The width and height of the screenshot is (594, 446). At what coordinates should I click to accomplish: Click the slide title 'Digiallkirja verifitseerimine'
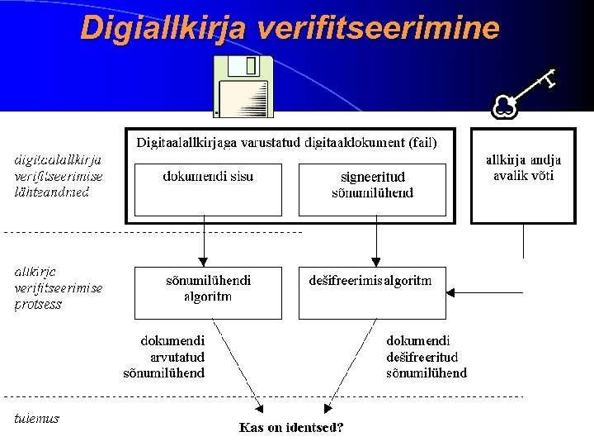click(290, 28)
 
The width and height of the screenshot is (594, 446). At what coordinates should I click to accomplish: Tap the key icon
click(523, 93)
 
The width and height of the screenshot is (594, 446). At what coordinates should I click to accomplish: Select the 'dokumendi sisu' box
click(208, 189)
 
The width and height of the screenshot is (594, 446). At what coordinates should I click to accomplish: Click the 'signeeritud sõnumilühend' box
click(372, 189)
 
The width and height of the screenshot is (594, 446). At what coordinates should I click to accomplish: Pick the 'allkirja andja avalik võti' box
click(523, 175)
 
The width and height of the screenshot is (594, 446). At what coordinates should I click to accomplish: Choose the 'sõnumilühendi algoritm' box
click(208, 292)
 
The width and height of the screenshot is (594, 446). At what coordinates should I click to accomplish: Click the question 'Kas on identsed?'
click(291, 427)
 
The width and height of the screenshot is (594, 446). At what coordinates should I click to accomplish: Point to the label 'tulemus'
click(37, 418)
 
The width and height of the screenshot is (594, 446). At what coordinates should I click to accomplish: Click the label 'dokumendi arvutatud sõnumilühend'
click(172, 356)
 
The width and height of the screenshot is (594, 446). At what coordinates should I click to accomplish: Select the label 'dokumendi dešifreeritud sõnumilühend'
click(426, 356)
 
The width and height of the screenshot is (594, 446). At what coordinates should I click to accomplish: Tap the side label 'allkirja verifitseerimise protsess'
click(58, 287)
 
